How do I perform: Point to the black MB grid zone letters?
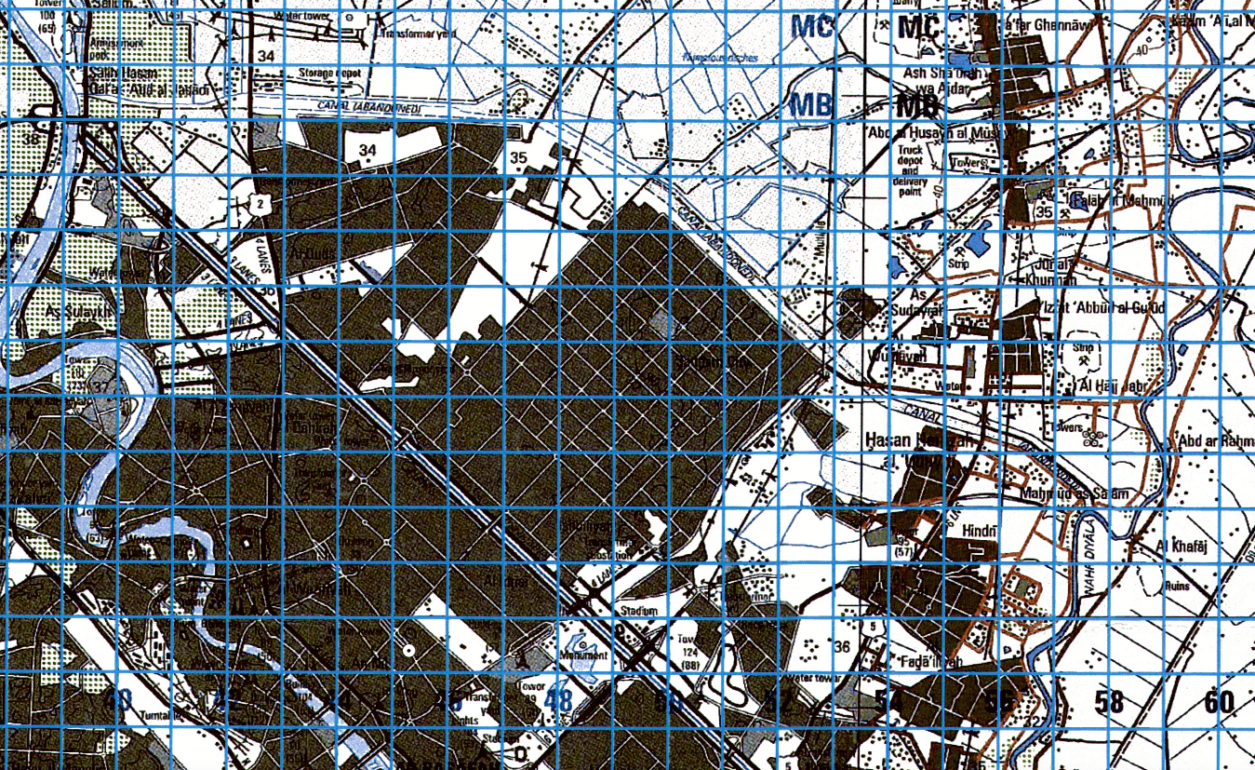tap(916, 106)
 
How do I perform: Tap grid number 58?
tap(1109, 701)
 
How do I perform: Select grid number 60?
tap(1218, 701)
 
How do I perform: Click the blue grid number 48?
tap(558, 701)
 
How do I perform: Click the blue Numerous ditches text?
tap(720, 58)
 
